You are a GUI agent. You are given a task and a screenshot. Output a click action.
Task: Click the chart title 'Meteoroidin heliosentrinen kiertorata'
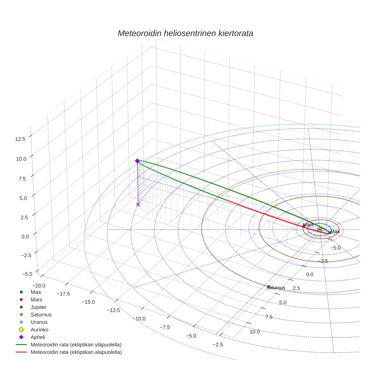(185, 33)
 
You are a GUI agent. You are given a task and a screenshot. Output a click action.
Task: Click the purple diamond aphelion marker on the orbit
(137, 161)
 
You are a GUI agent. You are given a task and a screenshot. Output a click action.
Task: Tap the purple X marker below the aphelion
(138, 204)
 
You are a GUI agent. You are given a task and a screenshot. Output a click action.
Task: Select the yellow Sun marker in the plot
(320, 229)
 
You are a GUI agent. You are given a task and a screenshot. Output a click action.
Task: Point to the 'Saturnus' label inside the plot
(276, 288)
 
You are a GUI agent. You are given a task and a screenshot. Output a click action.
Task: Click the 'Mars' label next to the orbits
(308, 225)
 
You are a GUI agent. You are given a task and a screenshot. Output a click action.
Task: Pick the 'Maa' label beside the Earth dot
(335, 231)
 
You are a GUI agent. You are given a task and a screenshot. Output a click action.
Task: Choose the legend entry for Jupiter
(38, 307)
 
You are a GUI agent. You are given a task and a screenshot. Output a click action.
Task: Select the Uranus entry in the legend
(39, 322)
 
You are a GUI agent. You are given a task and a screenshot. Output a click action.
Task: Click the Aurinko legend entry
(40, 330)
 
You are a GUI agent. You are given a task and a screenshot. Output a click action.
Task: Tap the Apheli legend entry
(38, 337)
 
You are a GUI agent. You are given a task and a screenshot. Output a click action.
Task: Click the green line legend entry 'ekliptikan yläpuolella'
(75, 345)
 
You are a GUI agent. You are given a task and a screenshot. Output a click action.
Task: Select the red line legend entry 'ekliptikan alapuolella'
(75, 352)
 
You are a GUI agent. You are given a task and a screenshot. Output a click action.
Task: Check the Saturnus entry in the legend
(41, 314)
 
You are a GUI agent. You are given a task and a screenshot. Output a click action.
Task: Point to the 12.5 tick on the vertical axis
(20, 139)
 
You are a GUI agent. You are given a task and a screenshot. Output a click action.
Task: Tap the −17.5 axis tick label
(63, 294)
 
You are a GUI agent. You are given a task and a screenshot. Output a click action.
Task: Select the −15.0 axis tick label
(87, 302)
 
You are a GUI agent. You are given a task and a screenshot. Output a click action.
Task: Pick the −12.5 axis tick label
(113, 310)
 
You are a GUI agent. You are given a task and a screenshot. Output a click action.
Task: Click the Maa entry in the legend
(35, 292)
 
